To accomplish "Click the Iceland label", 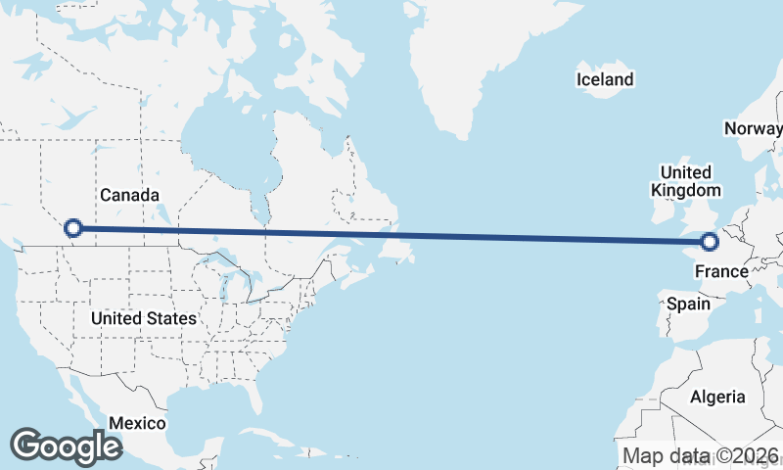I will (x=604, y=79).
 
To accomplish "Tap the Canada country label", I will (x=129, y=195).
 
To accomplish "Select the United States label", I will (x=143, y=318).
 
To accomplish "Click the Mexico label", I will (x=137, y=423).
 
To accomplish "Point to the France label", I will (x=721, y=270).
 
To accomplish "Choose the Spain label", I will (x=688, y=304).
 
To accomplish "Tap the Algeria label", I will (x=717, y=397).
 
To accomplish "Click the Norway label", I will (x=753, y=128).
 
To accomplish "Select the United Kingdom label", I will (x=686, y=181).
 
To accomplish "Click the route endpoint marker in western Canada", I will (x=72, y=229).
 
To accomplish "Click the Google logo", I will (x=66, y=446).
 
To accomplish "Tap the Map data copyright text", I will (x=701, y=455).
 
